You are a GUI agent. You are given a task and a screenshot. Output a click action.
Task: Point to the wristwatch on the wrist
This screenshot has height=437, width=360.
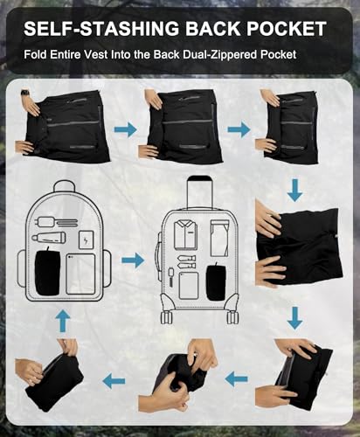coord(25,93)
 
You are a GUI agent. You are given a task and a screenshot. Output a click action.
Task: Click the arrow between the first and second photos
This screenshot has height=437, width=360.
coord(126,129)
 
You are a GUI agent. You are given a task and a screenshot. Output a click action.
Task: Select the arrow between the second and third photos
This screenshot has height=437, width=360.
coord(239,129)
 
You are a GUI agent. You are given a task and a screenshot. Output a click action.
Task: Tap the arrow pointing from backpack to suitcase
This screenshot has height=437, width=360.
coord(133,260)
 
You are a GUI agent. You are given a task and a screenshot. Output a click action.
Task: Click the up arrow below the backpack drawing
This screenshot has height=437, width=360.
coord(63,321)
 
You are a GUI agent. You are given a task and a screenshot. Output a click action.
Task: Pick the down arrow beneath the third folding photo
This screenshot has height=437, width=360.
coord(295,191)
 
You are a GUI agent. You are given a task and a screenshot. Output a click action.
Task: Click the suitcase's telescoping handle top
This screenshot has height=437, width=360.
coord(199,178)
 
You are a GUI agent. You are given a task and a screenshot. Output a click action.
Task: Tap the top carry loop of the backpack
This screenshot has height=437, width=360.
coord(65,186)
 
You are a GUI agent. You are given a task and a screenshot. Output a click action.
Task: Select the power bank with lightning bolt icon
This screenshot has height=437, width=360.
coord(87,239)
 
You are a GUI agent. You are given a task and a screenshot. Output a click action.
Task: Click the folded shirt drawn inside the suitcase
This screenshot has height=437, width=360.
coord(183,235)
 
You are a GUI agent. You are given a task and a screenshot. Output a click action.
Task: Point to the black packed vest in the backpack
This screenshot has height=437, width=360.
coord(47,272)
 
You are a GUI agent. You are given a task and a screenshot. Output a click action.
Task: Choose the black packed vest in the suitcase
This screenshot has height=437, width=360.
coord(216,282)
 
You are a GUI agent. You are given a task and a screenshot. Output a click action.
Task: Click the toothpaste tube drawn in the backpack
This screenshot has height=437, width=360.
coord(48,238)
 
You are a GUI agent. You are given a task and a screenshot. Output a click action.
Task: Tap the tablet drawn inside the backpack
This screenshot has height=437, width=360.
coord(80,274)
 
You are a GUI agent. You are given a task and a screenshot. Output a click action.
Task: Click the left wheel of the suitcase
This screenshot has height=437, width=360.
coord(166,317)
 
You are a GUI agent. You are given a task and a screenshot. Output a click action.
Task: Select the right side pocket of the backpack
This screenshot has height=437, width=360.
coord(107,268)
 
